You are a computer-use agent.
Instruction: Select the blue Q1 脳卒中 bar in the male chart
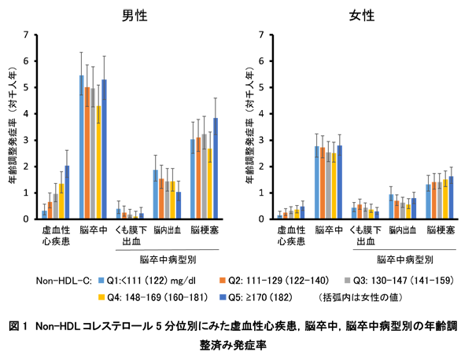pos(81,148)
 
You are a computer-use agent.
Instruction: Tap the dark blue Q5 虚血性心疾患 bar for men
pos(67,193)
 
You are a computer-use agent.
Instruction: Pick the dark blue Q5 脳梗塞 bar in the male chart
pos(216,169)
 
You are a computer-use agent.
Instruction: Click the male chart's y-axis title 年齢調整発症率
pos(13,126)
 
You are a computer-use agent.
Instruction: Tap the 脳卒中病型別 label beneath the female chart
pos(404,258)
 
